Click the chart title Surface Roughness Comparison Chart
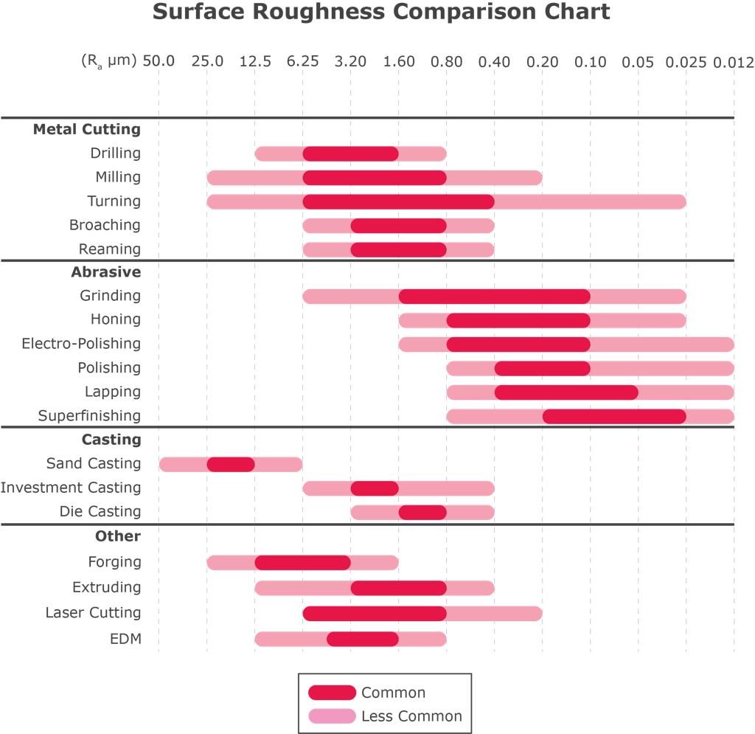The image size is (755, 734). [x=381, y=13]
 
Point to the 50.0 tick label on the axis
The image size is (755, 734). [x=159, y=61]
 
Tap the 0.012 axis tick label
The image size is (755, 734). [x=733, y=61]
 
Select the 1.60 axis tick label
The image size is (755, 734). [x=399, y=61]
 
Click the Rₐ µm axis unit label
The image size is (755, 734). [x=108, y=61]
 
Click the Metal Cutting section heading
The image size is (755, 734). [x=86, y=129]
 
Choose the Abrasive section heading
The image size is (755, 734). [x=105, y=271]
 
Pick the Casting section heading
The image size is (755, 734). [x=111, y=439]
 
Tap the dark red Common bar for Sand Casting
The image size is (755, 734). [x=231, y=464]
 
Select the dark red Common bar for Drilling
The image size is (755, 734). [x=351, y=153]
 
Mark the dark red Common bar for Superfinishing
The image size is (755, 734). [x=614, y=416]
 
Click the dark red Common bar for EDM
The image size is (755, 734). [x=363, y=639]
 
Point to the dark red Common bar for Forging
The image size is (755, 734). [x=303, y=562]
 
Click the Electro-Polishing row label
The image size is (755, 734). [x=81, y=343]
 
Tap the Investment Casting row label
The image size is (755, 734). [x=71, y=487]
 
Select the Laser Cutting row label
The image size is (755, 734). [x=93, y=612]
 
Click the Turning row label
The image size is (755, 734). [x=114, y=201]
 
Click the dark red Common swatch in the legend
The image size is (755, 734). [x=332, y=693]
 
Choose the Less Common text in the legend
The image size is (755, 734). [x=411, y=716]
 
